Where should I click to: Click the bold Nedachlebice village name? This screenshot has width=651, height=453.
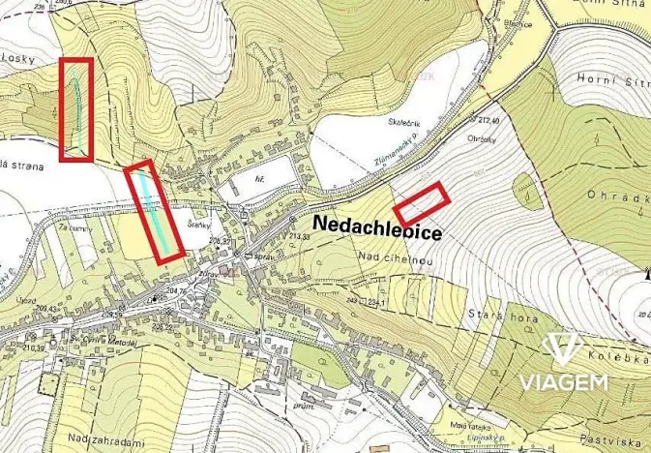point(378,234)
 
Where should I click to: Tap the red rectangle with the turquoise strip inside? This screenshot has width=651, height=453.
point(154,212)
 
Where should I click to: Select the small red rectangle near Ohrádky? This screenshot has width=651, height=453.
point(421,203)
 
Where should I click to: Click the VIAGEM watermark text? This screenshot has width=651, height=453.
point(564,380)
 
